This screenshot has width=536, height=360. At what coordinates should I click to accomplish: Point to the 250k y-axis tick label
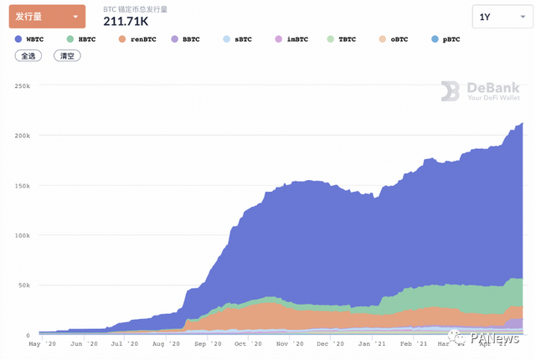coord(22,86)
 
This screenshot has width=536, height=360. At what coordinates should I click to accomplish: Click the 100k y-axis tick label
coord(22,235)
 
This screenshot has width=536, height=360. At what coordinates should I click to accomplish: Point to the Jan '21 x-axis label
coord(368,344)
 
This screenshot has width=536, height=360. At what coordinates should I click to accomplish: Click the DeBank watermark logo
coord(482,91)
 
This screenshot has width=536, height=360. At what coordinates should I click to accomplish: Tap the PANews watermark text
coord(496,339)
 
